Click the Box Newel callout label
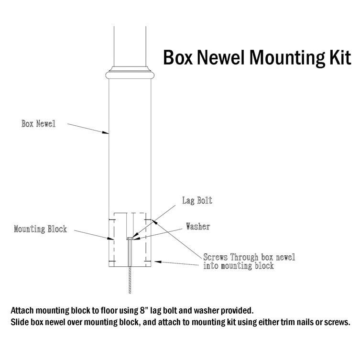click(x=39, y=124)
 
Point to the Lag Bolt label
click(x=196, y=201)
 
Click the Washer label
click(x=198, y=227)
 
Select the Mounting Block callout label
click(x=40, y=229)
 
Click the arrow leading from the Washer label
click(x=158, y=232)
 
